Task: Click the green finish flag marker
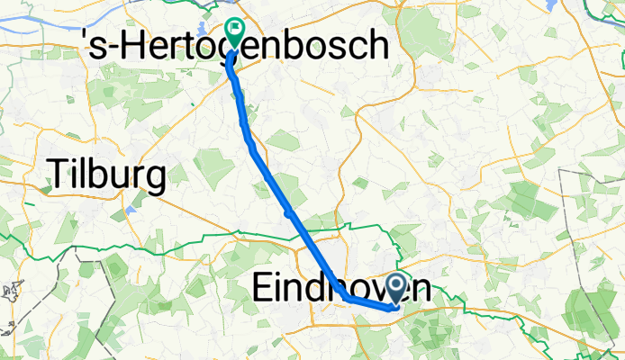234,34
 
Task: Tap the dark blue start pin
396,290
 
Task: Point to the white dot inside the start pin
396,285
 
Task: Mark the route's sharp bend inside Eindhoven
346,296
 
